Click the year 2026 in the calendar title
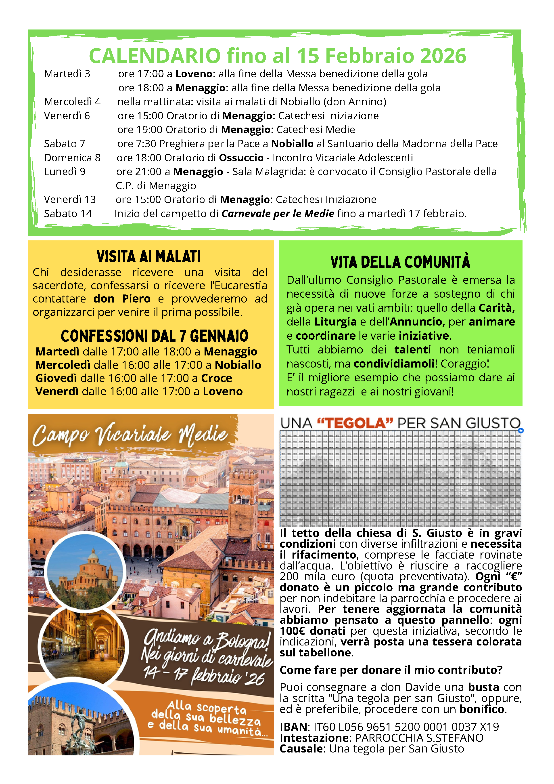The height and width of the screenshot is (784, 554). coord(443,56)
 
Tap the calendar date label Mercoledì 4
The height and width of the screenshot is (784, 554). coord(72,102)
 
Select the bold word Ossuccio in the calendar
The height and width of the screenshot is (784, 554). coord(241,158)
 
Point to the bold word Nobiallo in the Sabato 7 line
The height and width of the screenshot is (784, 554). coord(292,144)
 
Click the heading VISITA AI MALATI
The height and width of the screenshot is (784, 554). coord(148,257)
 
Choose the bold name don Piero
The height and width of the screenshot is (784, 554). coord(122,299)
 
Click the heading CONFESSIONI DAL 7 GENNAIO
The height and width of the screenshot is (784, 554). coord(154,336)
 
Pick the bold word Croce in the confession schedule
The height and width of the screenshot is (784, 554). coord(217,378)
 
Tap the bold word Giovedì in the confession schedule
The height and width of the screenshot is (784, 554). coord(56,378)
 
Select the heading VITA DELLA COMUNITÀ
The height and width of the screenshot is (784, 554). coord(400,262)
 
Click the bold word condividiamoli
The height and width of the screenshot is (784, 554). coord(394,364)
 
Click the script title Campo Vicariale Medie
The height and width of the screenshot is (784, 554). coord(130,435)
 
